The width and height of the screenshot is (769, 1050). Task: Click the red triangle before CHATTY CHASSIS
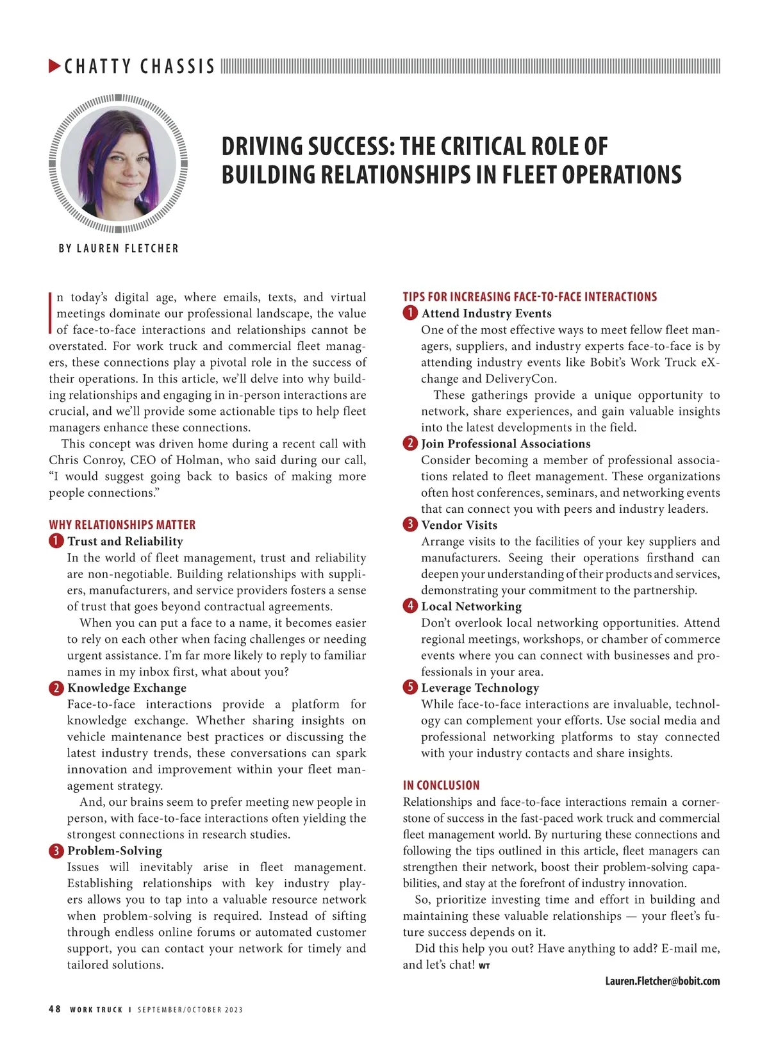55,65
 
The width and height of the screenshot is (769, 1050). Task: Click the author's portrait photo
119,163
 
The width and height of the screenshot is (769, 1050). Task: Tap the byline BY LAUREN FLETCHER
119,248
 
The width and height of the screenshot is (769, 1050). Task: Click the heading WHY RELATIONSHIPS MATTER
122,524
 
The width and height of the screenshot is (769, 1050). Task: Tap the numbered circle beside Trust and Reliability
56,541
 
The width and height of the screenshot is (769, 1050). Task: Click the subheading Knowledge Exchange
127,688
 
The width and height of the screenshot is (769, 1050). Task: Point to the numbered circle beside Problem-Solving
56,851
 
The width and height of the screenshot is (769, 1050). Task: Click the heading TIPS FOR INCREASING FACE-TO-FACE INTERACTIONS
529,297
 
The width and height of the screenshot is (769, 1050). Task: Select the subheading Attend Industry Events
486,313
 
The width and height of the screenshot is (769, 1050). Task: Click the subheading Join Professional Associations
506,444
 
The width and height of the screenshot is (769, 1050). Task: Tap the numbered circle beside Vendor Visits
410,525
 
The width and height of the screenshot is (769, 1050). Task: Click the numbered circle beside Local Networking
410,606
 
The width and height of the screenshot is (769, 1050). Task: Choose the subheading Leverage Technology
480,688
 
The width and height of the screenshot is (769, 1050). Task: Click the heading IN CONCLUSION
441,785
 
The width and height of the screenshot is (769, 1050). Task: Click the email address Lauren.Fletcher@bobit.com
662,981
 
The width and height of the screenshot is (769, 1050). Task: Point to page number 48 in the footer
55,1009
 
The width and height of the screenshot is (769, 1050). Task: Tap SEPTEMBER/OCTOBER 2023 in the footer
190,1010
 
